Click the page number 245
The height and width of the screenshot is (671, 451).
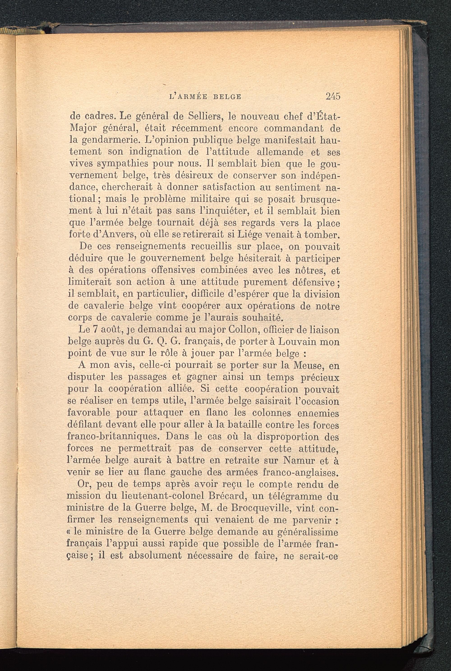[x=333, y=96]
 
